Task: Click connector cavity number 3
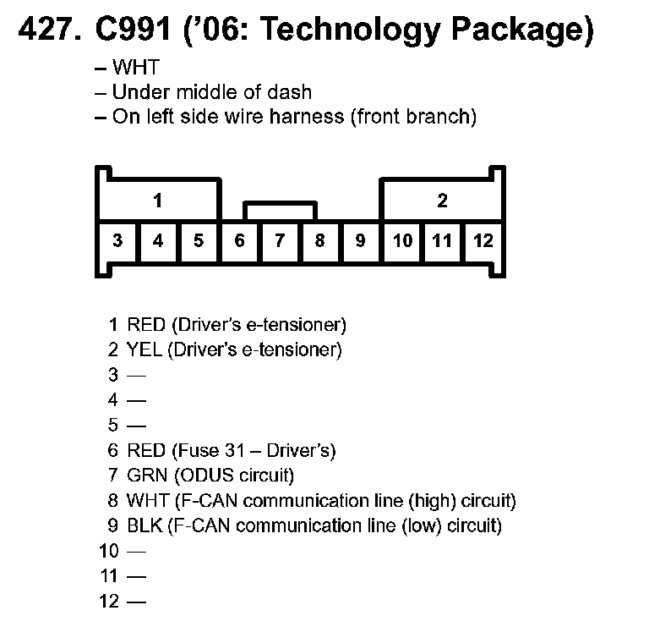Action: point(117,241)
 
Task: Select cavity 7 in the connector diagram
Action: point(280,241)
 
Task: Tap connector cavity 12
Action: point(483,241)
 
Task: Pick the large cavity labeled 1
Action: point(158,201)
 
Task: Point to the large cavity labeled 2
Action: point(442,201)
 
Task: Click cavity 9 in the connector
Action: point(360,241)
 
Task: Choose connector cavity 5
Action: point(199,241)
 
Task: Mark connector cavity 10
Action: point(402,241)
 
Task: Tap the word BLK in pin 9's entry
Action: point(145,525)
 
